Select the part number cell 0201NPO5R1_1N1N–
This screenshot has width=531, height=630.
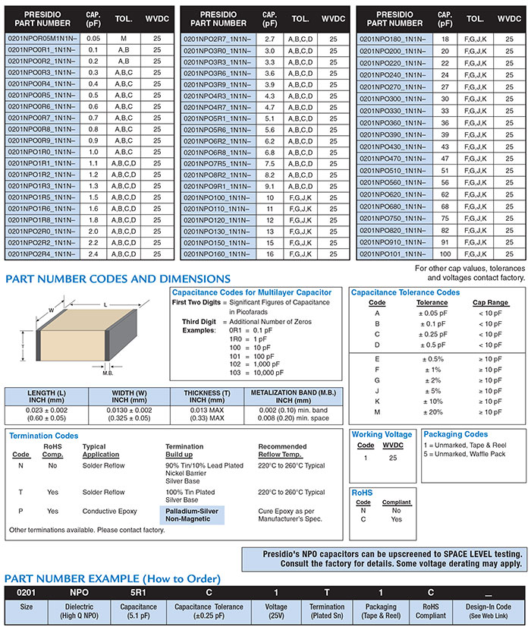(218, 118)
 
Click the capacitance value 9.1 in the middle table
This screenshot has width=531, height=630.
(269, 186)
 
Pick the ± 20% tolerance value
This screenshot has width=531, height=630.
(432, 412)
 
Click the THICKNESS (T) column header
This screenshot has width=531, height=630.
(203, 397)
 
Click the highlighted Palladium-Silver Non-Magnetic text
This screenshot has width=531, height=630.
(192, 515)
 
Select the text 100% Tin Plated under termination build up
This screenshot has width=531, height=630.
(193, 493)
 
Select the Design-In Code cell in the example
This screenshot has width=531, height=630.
(488, 611)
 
